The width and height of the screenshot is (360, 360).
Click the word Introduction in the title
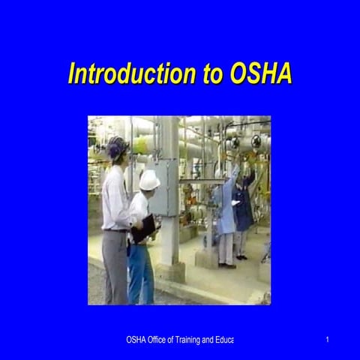tap(125, 74)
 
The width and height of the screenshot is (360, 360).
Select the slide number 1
tap(328, 340)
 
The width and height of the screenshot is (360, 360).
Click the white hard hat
tap(149, 180)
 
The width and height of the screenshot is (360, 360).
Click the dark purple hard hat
tap(118, 145)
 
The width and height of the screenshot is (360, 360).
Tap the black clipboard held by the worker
tap(144, 228)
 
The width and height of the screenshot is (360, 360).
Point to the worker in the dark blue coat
tap(243, 210)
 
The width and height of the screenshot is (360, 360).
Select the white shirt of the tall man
tap(115, 198)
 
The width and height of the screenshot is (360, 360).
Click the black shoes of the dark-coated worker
tap(241, 257)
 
